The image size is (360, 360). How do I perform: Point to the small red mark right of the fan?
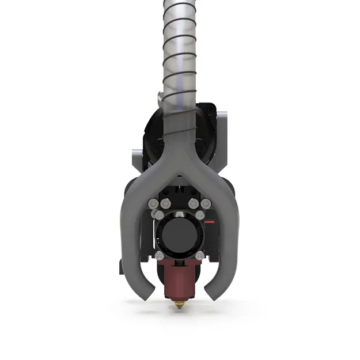[x=210, y=222]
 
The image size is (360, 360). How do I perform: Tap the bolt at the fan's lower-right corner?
[x=199, y=255]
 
